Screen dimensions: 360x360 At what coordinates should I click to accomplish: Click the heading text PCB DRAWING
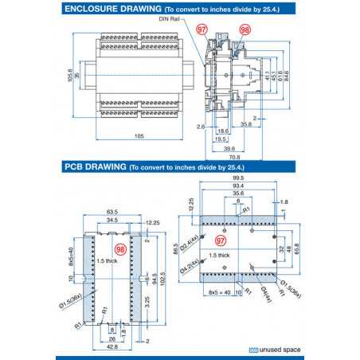[x=94, y=168]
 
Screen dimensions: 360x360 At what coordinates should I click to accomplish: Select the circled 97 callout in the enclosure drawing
[x=202, y=29]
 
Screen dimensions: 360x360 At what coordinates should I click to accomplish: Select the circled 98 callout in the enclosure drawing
[x=245, y=29]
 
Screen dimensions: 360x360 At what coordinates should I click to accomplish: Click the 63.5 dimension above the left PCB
[x=112, y=213]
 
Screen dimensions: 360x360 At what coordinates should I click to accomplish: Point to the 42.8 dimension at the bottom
[x=112, y=347]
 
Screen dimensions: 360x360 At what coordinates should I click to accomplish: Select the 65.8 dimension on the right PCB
[x=299, y=250]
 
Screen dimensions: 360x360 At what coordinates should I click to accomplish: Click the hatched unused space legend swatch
[x=253, y=350]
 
